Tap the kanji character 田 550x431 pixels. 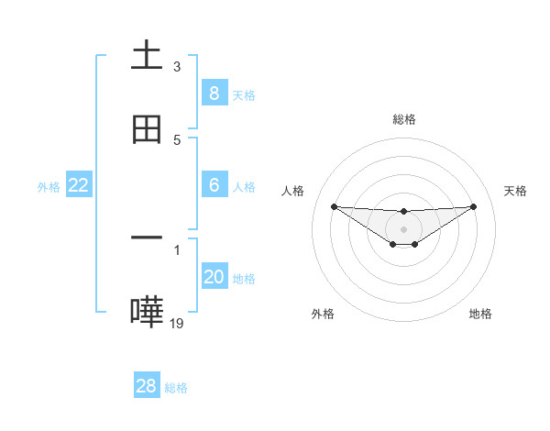click(x=147, y=130)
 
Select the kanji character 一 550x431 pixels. click(x=147, y=238)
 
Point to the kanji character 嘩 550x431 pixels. click(x=147, y=312)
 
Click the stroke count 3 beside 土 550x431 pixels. click(x=177, y=66)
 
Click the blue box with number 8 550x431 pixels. click(x=214, y=93)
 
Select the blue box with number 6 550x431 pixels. click(x=214, y=185)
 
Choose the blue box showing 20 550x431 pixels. click(x=214, y=277)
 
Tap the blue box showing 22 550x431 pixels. click(x=79, y=185)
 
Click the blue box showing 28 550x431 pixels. click(x=147, y=386)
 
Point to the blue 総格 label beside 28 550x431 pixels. click(x=176, y=388)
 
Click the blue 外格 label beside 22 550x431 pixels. click(x=49, y=187)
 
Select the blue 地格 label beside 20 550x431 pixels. click(x=244, y=279)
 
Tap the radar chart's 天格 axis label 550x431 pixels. click(x=516, y=191)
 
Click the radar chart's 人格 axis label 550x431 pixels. click(x=292, y=191)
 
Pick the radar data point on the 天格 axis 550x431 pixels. click(x=474, y=206)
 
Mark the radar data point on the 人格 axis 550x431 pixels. click(x=334, y=206)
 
